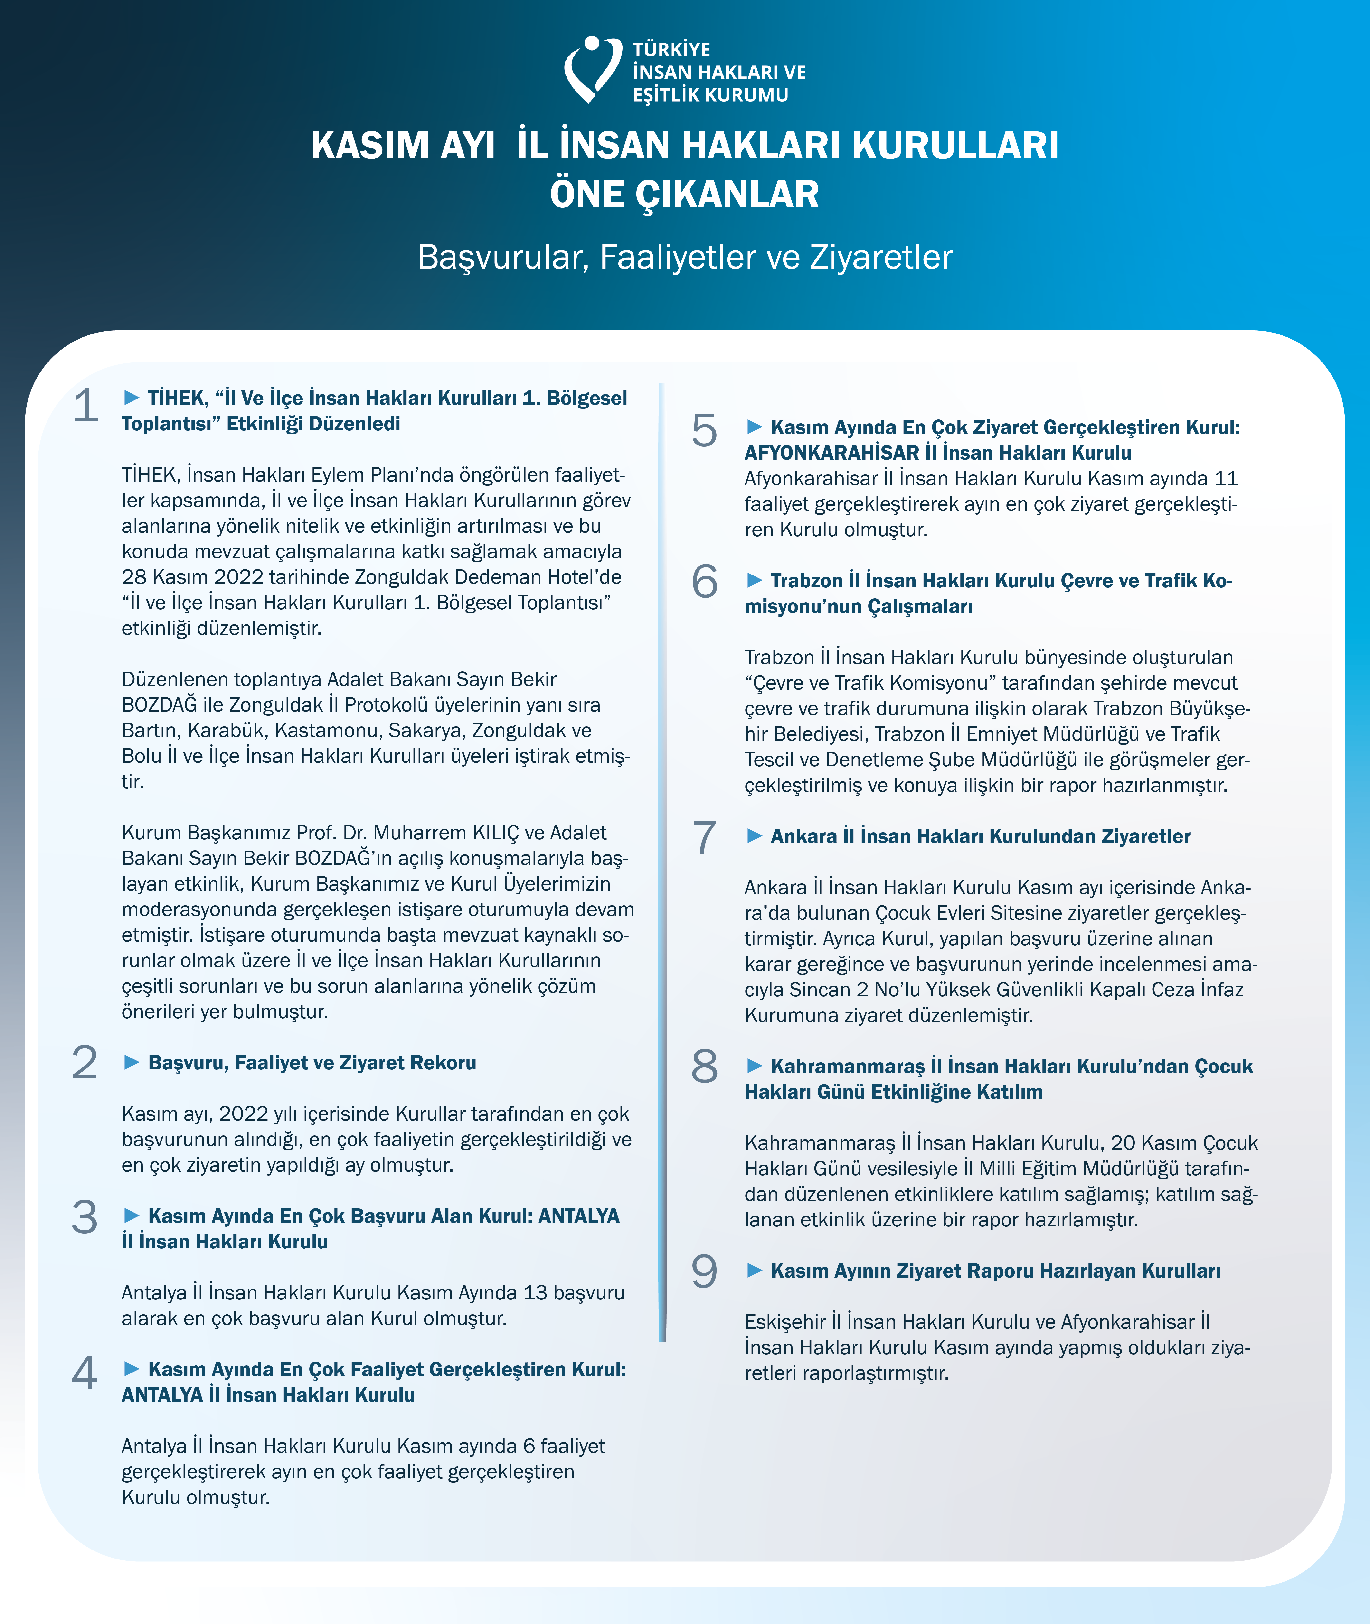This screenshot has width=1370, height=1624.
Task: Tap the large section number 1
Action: pos(85,406)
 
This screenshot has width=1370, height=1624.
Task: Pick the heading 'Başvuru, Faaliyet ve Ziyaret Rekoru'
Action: pos(312,1063)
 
